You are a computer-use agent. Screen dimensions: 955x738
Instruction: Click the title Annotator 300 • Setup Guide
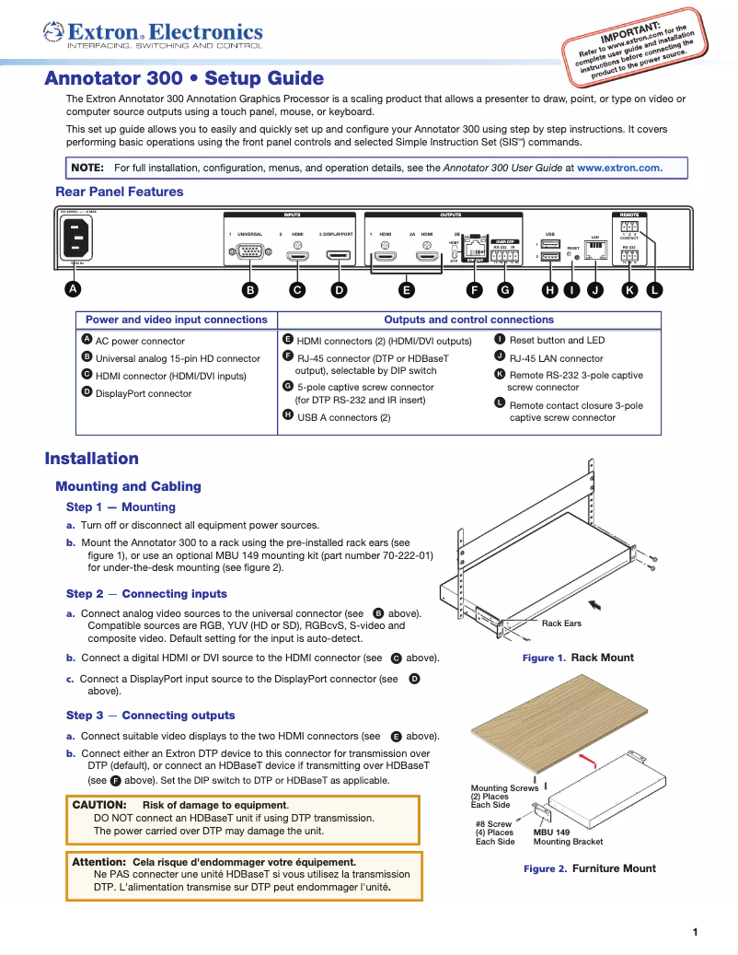[x=184, y=79]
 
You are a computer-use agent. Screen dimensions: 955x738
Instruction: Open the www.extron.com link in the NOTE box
[x=618, y=169]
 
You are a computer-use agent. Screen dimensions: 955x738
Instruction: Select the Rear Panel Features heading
[x=120, y=192]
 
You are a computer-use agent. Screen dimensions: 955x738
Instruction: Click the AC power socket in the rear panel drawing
[x=75, y=242]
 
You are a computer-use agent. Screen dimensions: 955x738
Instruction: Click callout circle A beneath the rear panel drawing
[x=72, y=290]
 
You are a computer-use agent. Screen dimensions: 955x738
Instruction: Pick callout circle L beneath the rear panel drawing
[x=653, y=290]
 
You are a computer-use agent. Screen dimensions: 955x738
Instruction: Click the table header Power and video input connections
[x=176, y=320]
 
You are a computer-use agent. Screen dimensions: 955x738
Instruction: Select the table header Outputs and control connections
[x=468, y=320]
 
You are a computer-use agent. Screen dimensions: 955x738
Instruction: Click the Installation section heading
[x=92, y=459]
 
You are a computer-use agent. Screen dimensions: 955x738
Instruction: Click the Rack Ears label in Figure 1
[x=561, y=623]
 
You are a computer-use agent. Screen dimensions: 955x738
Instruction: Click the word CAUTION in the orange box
[x=99, y=805]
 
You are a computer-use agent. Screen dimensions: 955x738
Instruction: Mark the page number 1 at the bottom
[x=695, y=932]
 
